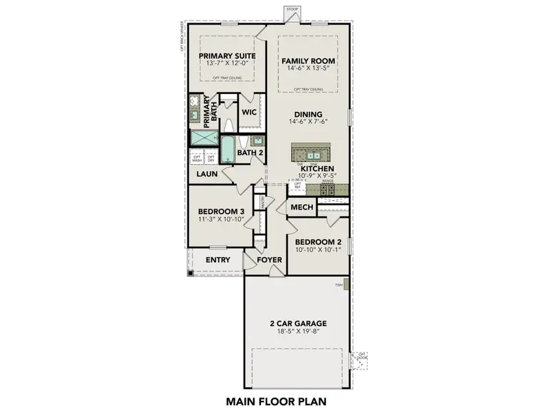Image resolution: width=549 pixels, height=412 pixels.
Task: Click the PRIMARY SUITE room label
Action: point(227,56)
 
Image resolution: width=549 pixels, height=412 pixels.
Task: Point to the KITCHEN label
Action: point(317,168)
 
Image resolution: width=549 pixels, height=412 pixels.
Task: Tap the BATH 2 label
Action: point(250,152)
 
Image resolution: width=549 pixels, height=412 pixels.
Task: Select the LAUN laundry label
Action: point(207,174)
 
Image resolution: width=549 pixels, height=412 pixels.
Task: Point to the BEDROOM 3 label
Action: point(221,211)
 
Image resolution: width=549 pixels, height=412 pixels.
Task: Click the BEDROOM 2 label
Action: point(318,242)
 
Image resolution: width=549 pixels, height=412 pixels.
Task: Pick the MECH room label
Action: point(302,207)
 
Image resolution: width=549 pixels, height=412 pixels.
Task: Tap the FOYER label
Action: point(270,260)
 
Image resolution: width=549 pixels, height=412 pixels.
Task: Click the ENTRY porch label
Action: point(218,260)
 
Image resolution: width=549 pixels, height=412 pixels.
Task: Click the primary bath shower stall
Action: point(203,137)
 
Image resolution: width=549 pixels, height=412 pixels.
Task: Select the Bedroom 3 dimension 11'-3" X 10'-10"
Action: point(221,220)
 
